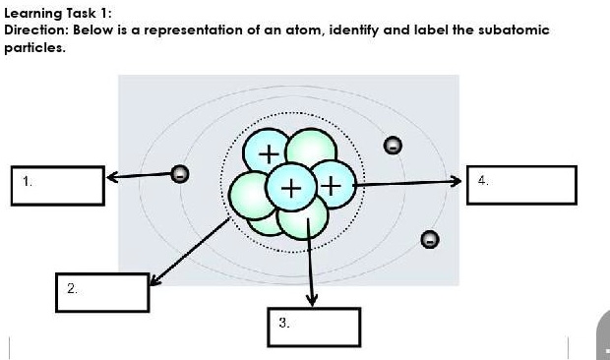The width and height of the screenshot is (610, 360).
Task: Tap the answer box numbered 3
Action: (314, 327)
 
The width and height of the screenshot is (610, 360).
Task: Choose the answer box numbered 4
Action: (521, 185)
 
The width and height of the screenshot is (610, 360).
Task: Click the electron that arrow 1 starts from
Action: (179, 174)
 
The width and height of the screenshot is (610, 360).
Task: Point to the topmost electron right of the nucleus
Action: (392, 146)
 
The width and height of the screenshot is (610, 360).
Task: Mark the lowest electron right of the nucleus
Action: (428, 239)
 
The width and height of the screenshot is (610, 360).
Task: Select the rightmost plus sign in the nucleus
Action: (332, 184)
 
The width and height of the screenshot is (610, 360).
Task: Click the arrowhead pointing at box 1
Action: (112, 178)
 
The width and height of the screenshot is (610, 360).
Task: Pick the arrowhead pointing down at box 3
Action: (312, 300)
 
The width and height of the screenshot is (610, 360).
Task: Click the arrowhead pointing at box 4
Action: (455, 182)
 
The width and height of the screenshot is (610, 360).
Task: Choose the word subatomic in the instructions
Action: (517, 30)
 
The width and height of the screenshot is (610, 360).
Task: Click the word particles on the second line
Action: (32, 46)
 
